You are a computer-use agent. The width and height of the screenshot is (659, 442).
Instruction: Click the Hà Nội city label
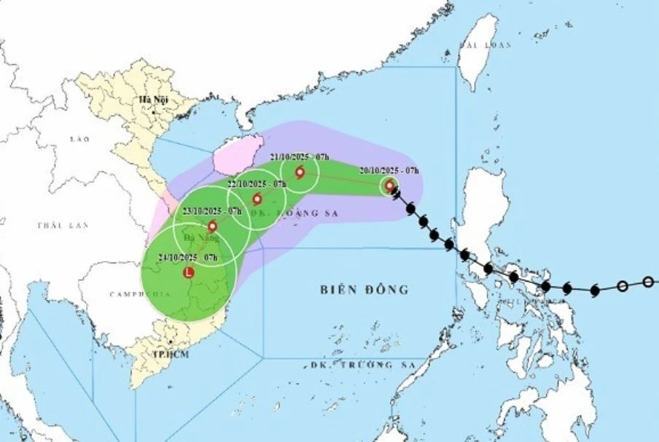click(155, 99)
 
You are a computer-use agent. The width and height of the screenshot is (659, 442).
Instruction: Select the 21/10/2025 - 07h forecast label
click(300, 157)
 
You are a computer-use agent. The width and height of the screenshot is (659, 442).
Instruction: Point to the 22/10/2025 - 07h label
click(257, 184)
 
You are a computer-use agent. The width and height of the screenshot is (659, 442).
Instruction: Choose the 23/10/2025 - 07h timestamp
click(212, 211)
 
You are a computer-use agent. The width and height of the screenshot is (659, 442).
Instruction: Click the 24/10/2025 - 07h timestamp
click(188, 257)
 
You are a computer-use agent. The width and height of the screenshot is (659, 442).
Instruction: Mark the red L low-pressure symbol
click(189, 273)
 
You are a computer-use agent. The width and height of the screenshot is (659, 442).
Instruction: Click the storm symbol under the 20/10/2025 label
click(390, 186)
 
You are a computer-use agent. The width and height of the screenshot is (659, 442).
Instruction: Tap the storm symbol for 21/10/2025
click(300, 172)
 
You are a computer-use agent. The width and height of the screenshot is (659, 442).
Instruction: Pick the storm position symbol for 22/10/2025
click(257, 199)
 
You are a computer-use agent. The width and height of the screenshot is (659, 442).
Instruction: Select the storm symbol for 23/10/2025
click(212, 226)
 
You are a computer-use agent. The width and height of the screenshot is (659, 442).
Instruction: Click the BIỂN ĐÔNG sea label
click(364, 290)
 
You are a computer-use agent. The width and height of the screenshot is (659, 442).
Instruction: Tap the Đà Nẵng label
click(197, 238)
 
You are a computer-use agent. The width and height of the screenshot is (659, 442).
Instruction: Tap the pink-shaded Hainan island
click(235, 153)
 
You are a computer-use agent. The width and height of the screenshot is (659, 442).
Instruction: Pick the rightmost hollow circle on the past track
click(649, 282)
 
